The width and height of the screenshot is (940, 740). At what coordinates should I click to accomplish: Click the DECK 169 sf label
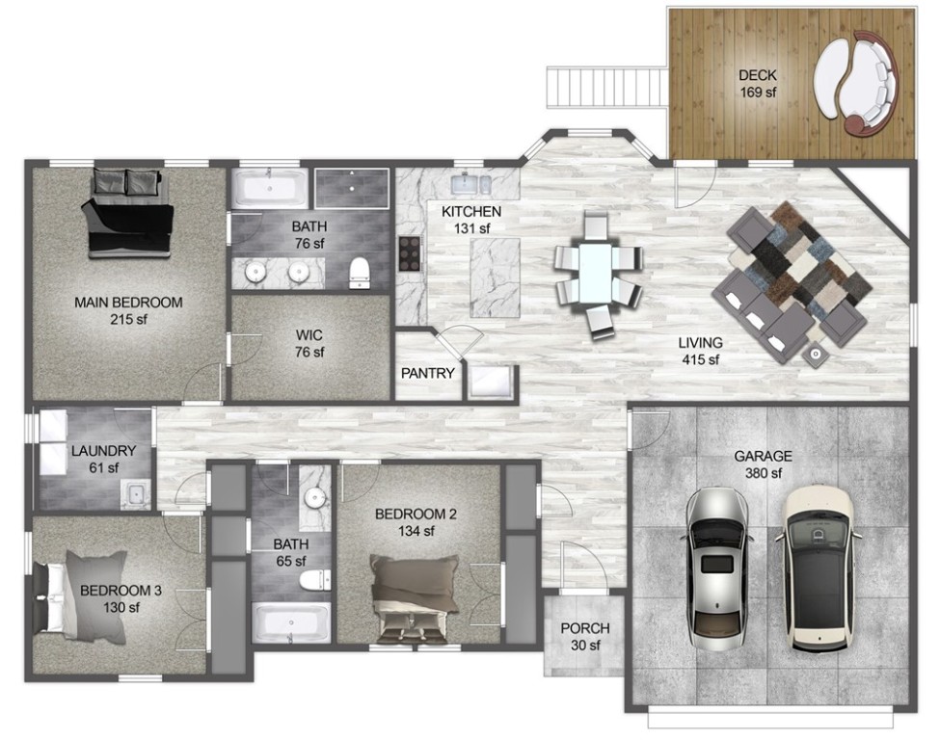757,84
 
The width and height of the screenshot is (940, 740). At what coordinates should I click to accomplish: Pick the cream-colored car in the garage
820,568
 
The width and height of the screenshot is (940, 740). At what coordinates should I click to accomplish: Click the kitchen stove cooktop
409,254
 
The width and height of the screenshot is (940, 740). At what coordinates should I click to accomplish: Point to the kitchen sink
472,183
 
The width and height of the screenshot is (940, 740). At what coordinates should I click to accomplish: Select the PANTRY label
427,373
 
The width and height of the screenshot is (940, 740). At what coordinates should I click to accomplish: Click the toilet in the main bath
360,272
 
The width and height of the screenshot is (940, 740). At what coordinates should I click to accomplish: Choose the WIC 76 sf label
309,343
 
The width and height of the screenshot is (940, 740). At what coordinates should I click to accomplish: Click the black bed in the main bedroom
130,217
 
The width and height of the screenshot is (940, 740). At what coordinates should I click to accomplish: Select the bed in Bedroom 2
415,595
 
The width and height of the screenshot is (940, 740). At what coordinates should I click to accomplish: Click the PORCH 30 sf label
585,636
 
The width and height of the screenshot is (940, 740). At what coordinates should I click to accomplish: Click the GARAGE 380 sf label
762,464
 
